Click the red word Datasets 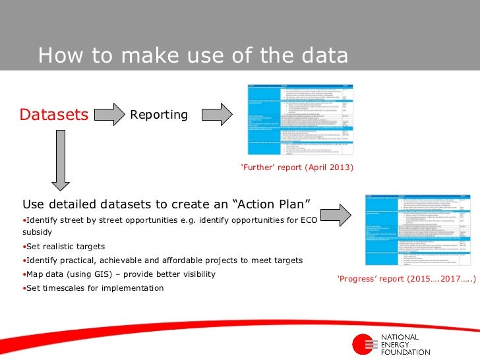[x=54, y=115]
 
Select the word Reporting [x=159, y=115]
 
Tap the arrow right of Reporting [x=216, y=114]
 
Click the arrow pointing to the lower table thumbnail [x=338, y=214]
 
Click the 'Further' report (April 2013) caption [x=298, y=167]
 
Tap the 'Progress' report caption [x=406, y=279]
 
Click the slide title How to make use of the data [x=193, y=55]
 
